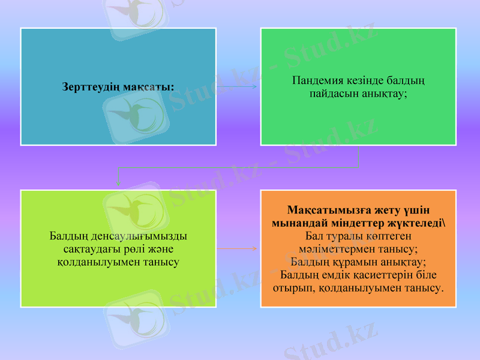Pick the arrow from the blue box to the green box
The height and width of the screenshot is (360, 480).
point(238,87)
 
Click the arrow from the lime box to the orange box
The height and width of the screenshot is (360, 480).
point(238,248)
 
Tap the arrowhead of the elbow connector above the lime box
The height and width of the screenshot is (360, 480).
point(118,182)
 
